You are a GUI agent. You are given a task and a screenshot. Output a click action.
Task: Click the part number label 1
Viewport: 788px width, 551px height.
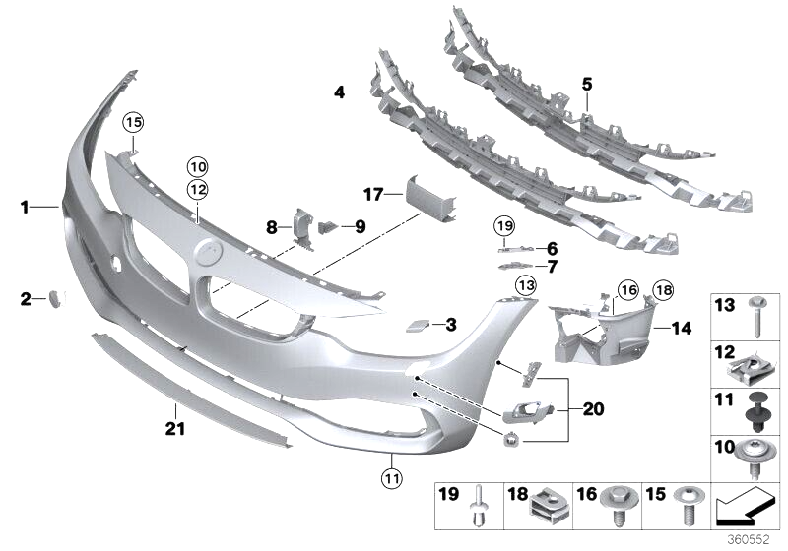(25, 207)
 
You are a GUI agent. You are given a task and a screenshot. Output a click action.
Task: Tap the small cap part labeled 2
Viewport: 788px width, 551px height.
(55, 297)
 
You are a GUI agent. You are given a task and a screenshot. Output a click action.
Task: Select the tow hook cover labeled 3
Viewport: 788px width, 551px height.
(417, 324)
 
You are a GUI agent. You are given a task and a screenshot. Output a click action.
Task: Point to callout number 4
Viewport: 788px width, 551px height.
(339, 92)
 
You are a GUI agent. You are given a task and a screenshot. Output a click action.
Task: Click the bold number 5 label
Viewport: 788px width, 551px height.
(587, 86)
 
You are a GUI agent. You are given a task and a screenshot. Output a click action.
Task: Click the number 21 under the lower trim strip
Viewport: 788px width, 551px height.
(174, 428)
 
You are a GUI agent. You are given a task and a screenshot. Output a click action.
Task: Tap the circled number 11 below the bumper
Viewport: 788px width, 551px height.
(391, 479)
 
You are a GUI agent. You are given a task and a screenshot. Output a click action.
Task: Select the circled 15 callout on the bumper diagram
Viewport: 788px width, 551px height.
(133, 122)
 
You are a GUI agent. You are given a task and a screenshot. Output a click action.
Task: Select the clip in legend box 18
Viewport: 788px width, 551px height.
(549, 506)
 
